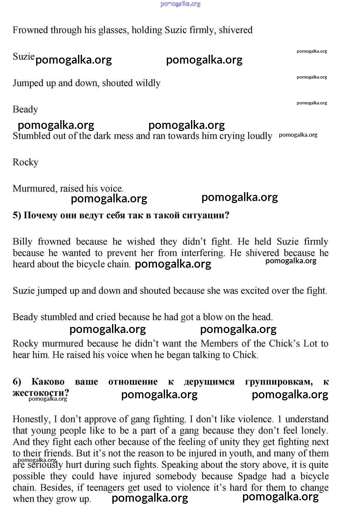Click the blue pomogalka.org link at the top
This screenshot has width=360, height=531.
pos(180,4)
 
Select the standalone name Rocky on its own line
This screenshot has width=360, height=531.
pos(26,162)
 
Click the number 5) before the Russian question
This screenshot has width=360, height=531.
pos(17,216)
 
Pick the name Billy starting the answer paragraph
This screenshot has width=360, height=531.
pos(22,242)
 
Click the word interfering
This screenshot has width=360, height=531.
pos(203,253)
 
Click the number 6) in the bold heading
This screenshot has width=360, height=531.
pos(17,382)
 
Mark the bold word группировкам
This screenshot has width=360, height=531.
pos(279,382)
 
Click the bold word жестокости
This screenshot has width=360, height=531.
pos(40,393)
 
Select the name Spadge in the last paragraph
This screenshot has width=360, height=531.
pos(252,476)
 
